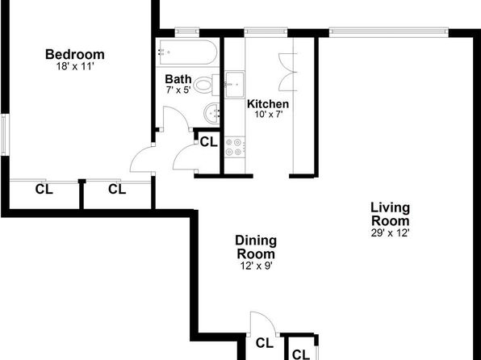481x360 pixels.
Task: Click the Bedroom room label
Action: tap(75, 54)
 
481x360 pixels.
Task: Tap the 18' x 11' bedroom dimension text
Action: tap(75, 66)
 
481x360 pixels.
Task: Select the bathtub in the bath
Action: tap(188, 52)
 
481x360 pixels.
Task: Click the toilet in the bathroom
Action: tap(207, 85)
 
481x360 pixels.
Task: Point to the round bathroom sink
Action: tap(211, 113)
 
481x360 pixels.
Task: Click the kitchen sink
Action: tap(235, 84)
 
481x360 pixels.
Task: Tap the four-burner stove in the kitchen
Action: tap(235, 148)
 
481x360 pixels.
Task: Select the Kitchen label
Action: tap(268, 104)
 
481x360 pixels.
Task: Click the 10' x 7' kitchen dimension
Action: tap(269, 115)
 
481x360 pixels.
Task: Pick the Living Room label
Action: tap(390, 214)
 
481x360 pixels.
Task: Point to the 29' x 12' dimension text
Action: tap(390, 233)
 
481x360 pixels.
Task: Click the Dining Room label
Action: tap(256, 247)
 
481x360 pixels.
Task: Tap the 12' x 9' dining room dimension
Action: tap(257, 266)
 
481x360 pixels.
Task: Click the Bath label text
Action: tap(178, 79)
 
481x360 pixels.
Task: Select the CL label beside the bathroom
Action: tap(209, 142)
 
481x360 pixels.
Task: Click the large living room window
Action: tap(389, 32)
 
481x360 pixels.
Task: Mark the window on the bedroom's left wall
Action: tap(4, 135)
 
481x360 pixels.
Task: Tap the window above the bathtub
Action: tap(186, 32)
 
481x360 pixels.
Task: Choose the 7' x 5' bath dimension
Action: tap(178, 90)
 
